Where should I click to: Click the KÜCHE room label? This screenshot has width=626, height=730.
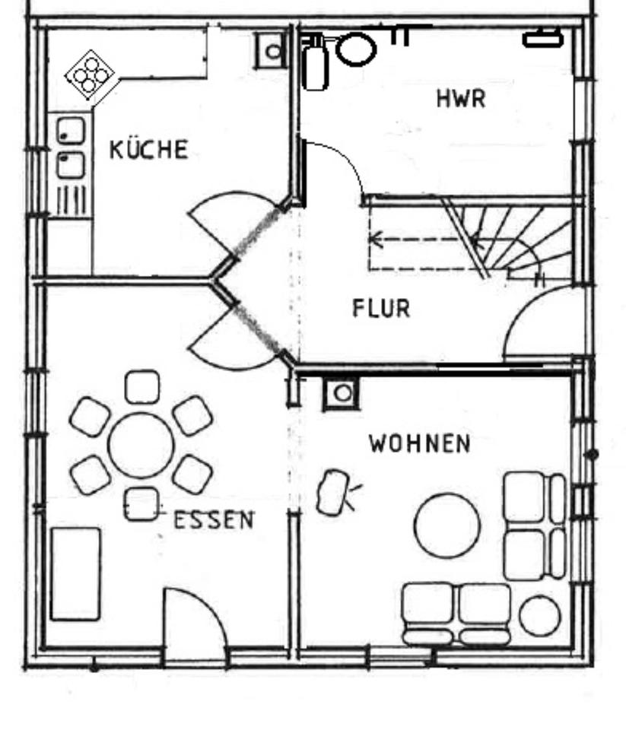[x=148, y=149]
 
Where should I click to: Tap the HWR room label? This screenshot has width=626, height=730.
[x=461, y=98]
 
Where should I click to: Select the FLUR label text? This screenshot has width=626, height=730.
[x=381, y=308]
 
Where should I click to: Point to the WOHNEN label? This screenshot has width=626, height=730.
[x=420, y=443]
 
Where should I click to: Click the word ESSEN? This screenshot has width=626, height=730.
[x=214, y=520]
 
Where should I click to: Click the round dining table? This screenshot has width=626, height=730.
[x=141, y=446]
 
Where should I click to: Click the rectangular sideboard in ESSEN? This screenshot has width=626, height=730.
[x=75, y=573]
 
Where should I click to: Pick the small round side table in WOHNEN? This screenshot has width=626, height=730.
[x=540, y=616]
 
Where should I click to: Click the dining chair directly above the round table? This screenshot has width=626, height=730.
[x=142, y=386]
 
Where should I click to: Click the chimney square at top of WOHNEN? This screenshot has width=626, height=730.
[x=342, y=393]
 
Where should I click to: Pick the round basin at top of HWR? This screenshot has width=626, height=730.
[x=355, y=49]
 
